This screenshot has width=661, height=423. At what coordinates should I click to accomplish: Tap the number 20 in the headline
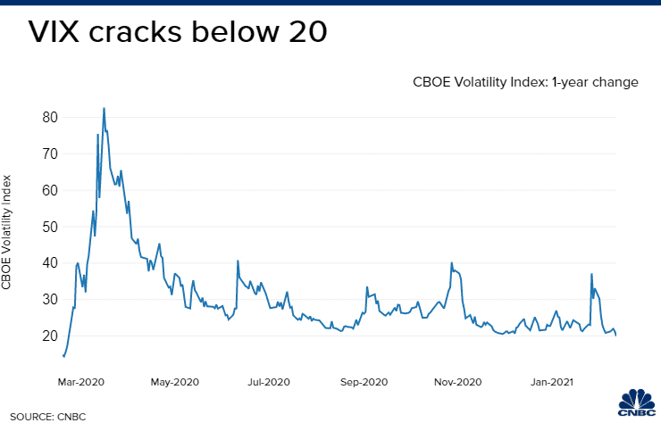[298, 33]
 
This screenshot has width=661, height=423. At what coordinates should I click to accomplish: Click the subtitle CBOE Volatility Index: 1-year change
[525, 82]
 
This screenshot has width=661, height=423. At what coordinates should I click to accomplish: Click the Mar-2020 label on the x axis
[81, 382]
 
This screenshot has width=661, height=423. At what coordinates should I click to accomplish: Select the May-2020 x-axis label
[173, 382]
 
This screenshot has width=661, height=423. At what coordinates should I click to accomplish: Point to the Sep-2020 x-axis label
[363, 382]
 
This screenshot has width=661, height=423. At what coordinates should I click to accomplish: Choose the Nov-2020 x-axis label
[456, 382]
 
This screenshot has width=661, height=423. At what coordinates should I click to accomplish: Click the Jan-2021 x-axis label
[551, 382]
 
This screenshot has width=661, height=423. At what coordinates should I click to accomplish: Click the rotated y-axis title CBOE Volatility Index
[8, 230]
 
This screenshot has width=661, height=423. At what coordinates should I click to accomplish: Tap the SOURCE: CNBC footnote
[43, 415]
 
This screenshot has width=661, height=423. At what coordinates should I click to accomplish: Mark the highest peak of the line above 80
[104, 109]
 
